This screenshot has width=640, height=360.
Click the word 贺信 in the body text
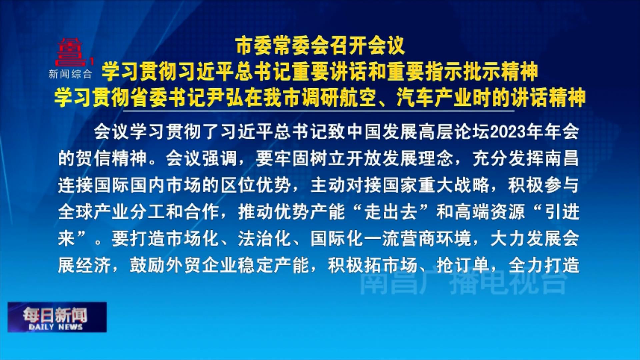[94, 159]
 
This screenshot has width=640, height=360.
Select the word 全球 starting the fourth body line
[76, 212]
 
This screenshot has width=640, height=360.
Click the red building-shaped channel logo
[71, 52]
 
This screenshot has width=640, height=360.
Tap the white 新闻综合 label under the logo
[70, 74]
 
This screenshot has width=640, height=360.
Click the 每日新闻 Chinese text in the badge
[55, 314]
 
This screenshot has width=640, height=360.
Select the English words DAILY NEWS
[56, 327]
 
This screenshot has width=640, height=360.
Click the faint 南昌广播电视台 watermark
[463, 283]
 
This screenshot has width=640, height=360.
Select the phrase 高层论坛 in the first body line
[454, 132]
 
